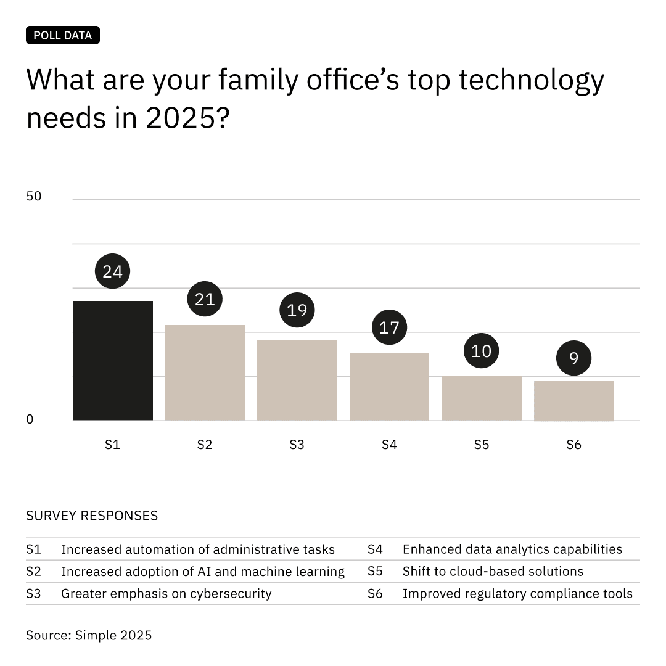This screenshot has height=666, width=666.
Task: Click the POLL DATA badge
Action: pos(62,35)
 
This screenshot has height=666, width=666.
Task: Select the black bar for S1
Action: pos(112,361)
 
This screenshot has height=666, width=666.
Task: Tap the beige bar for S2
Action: pos(204,372)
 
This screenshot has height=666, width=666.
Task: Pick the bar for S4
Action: pos(389,387)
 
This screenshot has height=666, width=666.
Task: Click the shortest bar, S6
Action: pos(573,401)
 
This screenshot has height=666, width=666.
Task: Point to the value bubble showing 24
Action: pos(112,271)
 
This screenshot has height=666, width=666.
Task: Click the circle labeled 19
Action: pos(297,310)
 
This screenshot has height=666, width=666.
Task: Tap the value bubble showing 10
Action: pos(481,351)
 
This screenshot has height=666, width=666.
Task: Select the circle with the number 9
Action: pos(573,358)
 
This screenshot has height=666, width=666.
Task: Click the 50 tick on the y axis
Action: pos(34,197)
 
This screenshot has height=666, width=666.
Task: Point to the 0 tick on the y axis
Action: pos(30,419)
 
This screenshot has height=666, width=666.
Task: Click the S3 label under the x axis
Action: pos(297,445)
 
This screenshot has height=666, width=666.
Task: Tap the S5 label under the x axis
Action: pos(481,445)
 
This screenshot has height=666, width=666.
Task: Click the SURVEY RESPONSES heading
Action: pos(92,516)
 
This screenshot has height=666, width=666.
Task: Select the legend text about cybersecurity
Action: pos(166,594)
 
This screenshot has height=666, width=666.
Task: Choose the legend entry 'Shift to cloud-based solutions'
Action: pos(492,572)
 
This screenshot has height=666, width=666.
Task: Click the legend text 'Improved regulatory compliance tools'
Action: pos(517,594)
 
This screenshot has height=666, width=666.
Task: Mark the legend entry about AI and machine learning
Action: pos(202,572)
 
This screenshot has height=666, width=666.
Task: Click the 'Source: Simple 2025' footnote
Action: pos(88,635)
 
